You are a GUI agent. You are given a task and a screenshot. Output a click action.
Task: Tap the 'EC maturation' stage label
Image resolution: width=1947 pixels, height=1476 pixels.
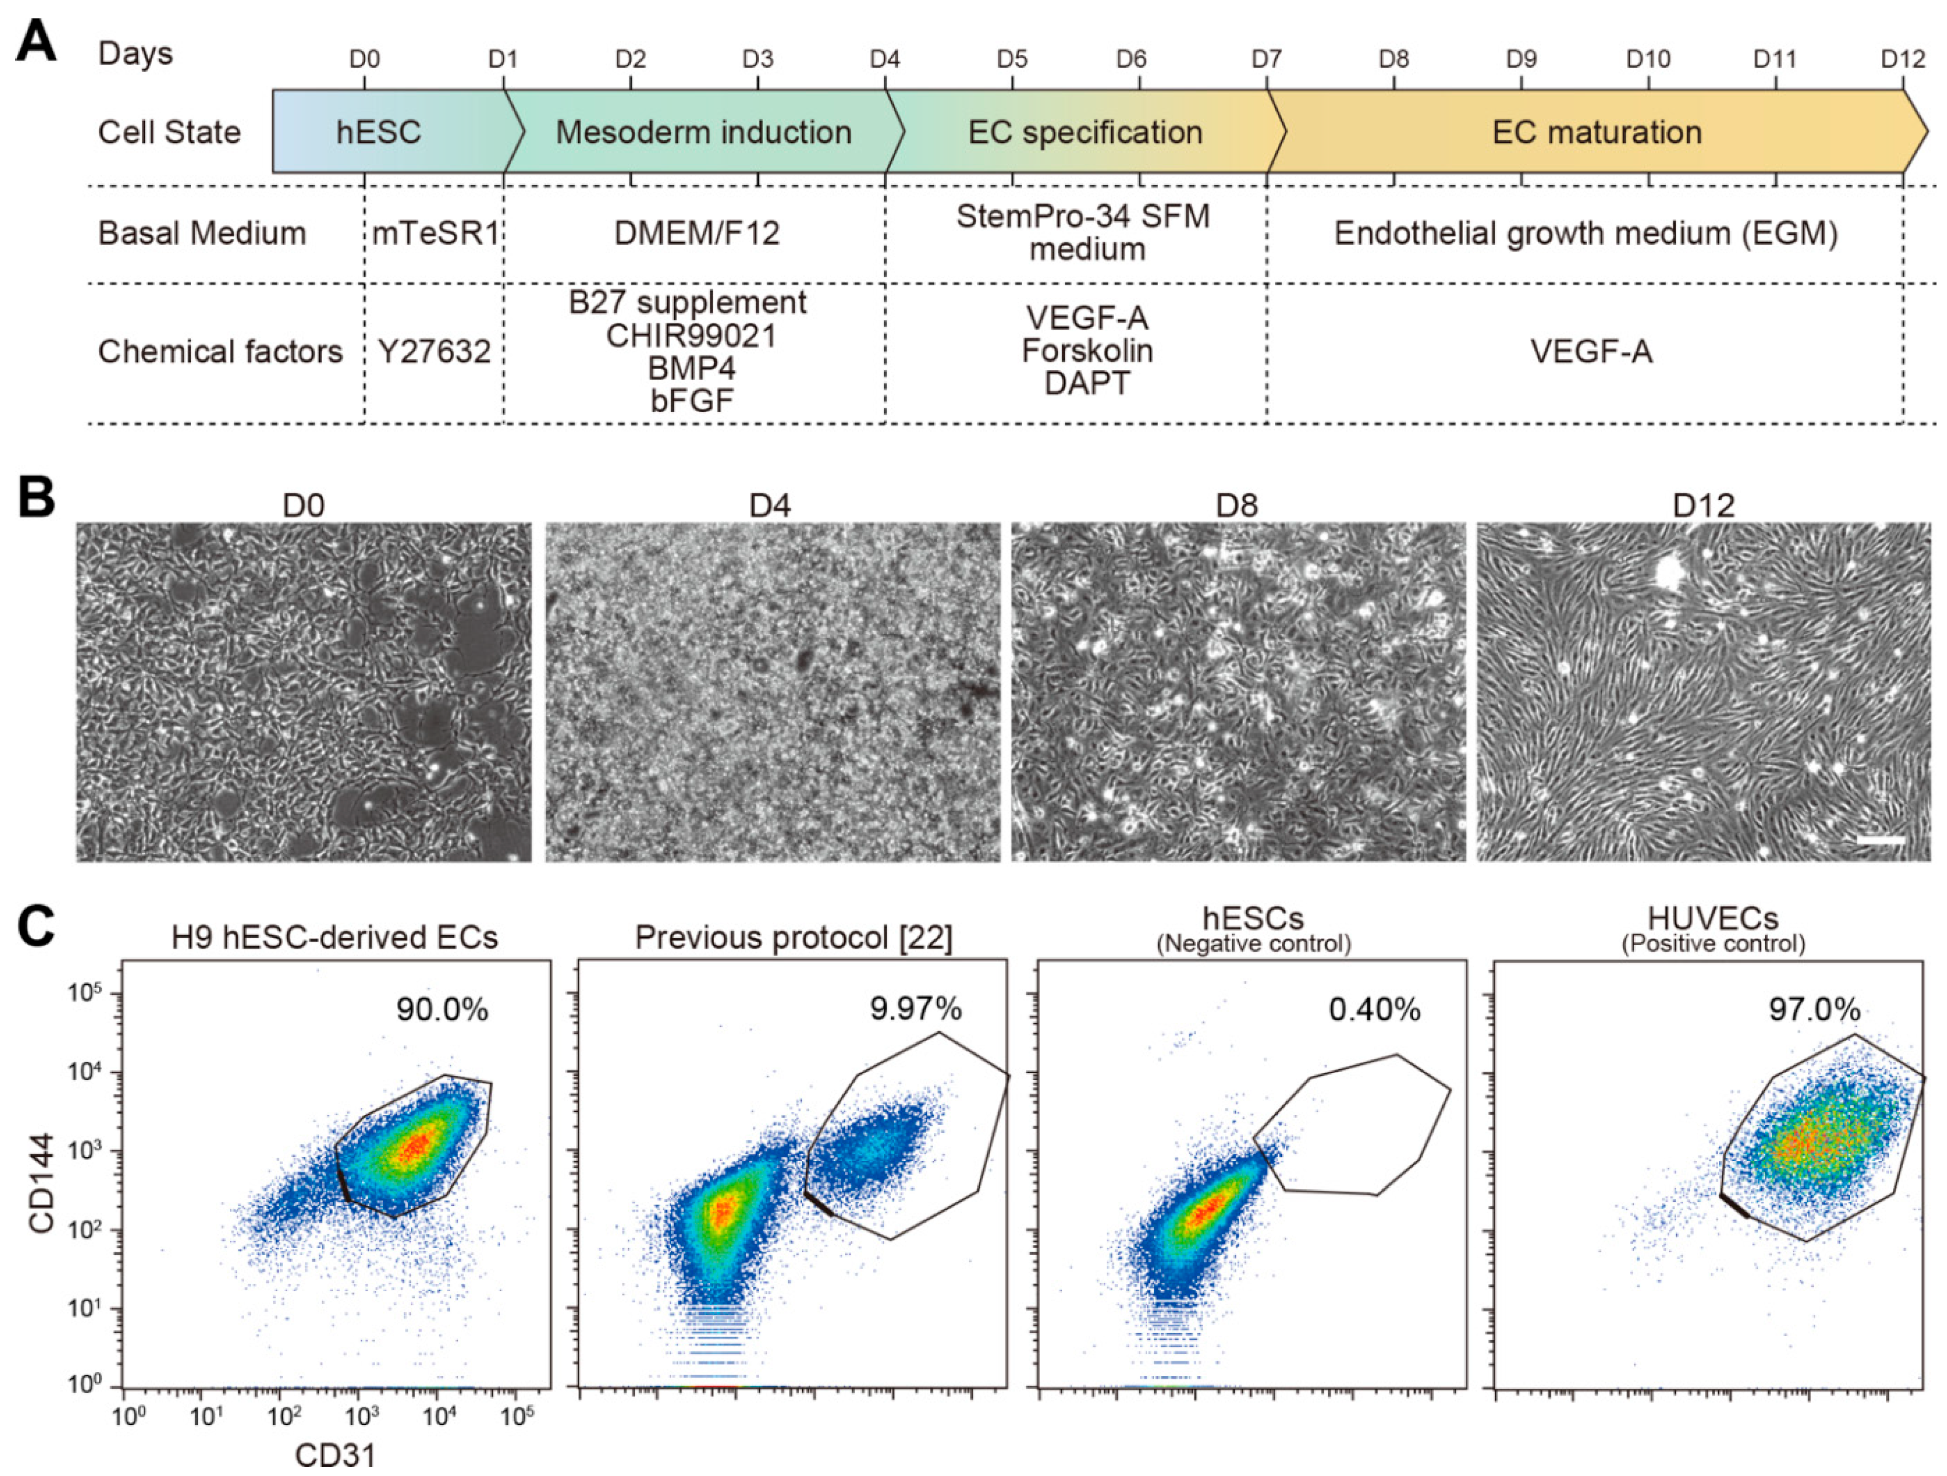tap(1596, 132)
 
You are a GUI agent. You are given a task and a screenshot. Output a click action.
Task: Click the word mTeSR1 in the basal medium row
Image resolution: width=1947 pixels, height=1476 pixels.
tap(436, 233)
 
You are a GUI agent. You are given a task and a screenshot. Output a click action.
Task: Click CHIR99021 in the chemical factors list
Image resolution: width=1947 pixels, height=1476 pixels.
tap(691, 336)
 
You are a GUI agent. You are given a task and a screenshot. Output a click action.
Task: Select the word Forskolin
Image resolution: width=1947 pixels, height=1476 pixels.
tap(1087, 351)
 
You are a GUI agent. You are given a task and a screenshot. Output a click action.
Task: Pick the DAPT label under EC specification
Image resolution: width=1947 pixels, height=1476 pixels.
tap(1087, 383)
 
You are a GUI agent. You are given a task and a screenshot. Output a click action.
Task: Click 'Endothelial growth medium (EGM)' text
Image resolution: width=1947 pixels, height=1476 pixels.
tap(1586, 233)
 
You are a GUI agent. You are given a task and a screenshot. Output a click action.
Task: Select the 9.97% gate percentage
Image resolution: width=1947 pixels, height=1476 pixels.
tap(915, 1008)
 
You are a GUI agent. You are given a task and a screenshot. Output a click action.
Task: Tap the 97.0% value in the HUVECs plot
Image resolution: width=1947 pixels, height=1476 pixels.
tap(1814, 1009)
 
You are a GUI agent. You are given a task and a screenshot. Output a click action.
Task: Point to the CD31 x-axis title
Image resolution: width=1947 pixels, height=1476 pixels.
tap(334, 1455)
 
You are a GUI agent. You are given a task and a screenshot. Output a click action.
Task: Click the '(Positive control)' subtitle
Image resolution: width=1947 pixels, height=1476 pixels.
tap(1713, 945)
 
